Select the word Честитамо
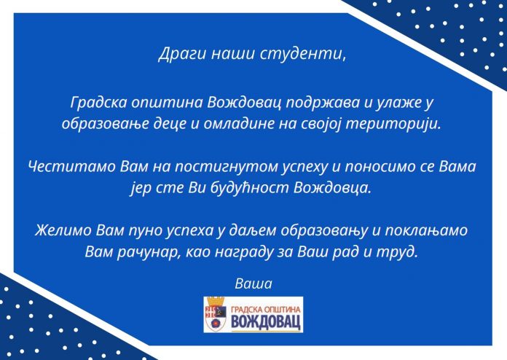pyautogui.click(x=72, y=167)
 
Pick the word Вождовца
pyautogui.click(x=331, y=188)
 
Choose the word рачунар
pyautogui.click(x=147, y=252)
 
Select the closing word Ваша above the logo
pyautogui.click(x=253, y=283)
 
